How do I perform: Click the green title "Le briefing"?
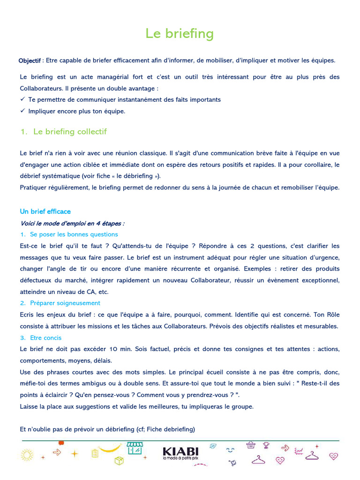(x=180, y=34)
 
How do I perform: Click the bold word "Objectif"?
(x=30, y=61)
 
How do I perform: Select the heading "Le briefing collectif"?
(x=70, y=132)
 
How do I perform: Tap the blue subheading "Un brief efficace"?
(x=45, y=211)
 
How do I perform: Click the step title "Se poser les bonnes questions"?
(x=74, y=234)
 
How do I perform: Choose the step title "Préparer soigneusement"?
(x=65, y=303)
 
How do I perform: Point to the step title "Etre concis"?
(x=45, y=338)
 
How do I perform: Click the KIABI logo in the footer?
(x=180, y=451)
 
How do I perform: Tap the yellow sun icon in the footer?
(x=27, y=454)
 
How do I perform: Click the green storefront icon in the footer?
(x=135, y=448)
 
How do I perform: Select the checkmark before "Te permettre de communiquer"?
(x=22, y=99)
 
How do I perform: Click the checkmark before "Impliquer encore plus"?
(x=22, y=111)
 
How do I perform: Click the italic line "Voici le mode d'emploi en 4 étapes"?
(x=72, y=223)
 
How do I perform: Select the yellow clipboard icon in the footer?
(x=95, y=453)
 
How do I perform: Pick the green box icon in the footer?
(x=119, y=460)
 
